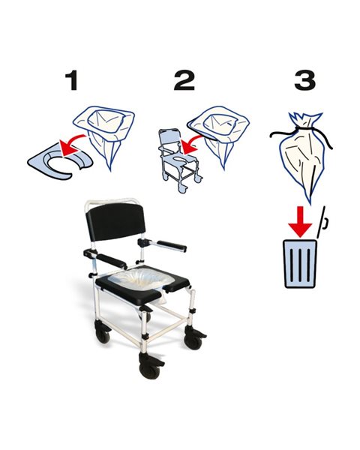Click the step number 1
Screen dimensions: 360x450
tap(72, 80)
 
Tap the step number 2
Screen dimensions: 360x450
tap(184, 80)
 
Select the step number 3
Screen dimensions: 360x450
tap(305, 80)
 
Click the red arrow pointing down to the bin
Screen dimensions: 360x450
tap(300, 221)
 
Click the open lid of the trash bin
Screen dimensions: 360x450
tap(322, 223)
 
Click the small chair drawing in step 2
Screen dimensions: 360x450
tap(178, 160)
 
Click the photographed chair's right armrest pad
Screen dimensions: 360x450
tap(172, 246)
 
